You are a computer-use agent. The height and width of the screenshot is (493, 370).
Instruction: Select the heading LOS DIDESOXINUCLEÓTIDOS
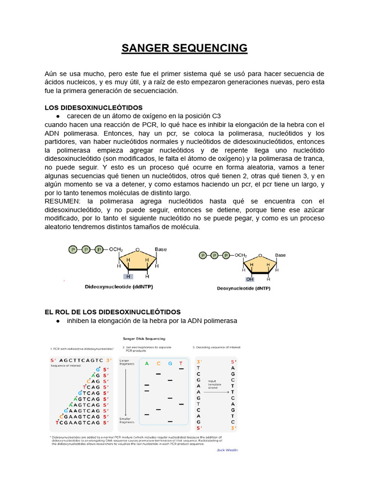tap(93, 107)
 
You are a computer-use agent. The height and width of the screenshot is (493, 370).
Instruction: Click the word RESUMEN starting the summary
tap(63, 201)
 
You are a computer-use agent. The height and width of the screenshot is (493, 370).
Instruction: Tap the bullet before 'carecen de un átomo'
tap(58, 116)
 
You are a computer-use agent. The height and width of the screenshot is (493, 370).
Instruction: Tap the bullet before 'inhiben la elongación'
tap(58, 321)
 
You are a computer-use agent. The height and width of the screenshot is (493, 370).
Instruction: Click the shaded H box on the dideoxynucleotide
tap(128, 276)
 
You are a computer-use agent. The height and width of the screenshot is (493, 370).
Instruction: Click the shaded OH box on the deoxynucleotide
tap(250, 279)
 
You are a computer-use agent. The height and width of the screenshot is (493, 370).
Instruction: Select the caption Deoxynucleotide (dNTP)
tap(243, 288)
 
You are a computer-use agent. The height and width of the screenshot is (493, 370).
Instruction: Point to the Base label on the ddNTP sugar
tap(160, 249)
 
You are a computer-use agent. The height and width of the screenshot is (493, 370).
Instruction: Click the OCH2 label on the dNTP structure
tap(241, 255)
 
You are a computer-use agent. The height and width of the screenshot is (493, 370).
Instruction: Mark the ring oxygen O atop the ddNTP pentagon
tap(137, 250)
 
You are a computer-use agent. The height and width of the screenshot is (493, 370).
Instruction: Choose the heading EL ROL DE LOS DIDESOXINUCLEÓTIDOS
tap(112, 312)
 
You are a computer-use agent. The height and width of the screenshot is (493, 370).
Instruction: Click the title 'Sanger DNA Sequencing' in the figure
tap(144, 338)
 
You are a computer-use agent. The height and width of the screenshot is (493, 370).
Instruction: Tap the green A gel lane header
tap(146, 363)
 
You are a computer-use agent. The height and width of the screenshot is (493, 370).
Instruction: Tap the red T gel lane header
tap(181, 363)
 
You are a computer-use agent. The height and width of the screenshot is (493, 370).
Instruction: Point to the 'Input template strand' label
tap(215, 385)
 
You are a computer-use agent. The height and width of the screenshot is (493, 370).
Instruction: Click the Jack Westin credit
tap(227, 450)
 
